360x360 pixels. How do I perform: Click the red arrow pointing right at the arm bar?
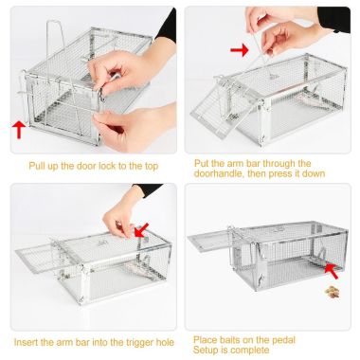[240, 48]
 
